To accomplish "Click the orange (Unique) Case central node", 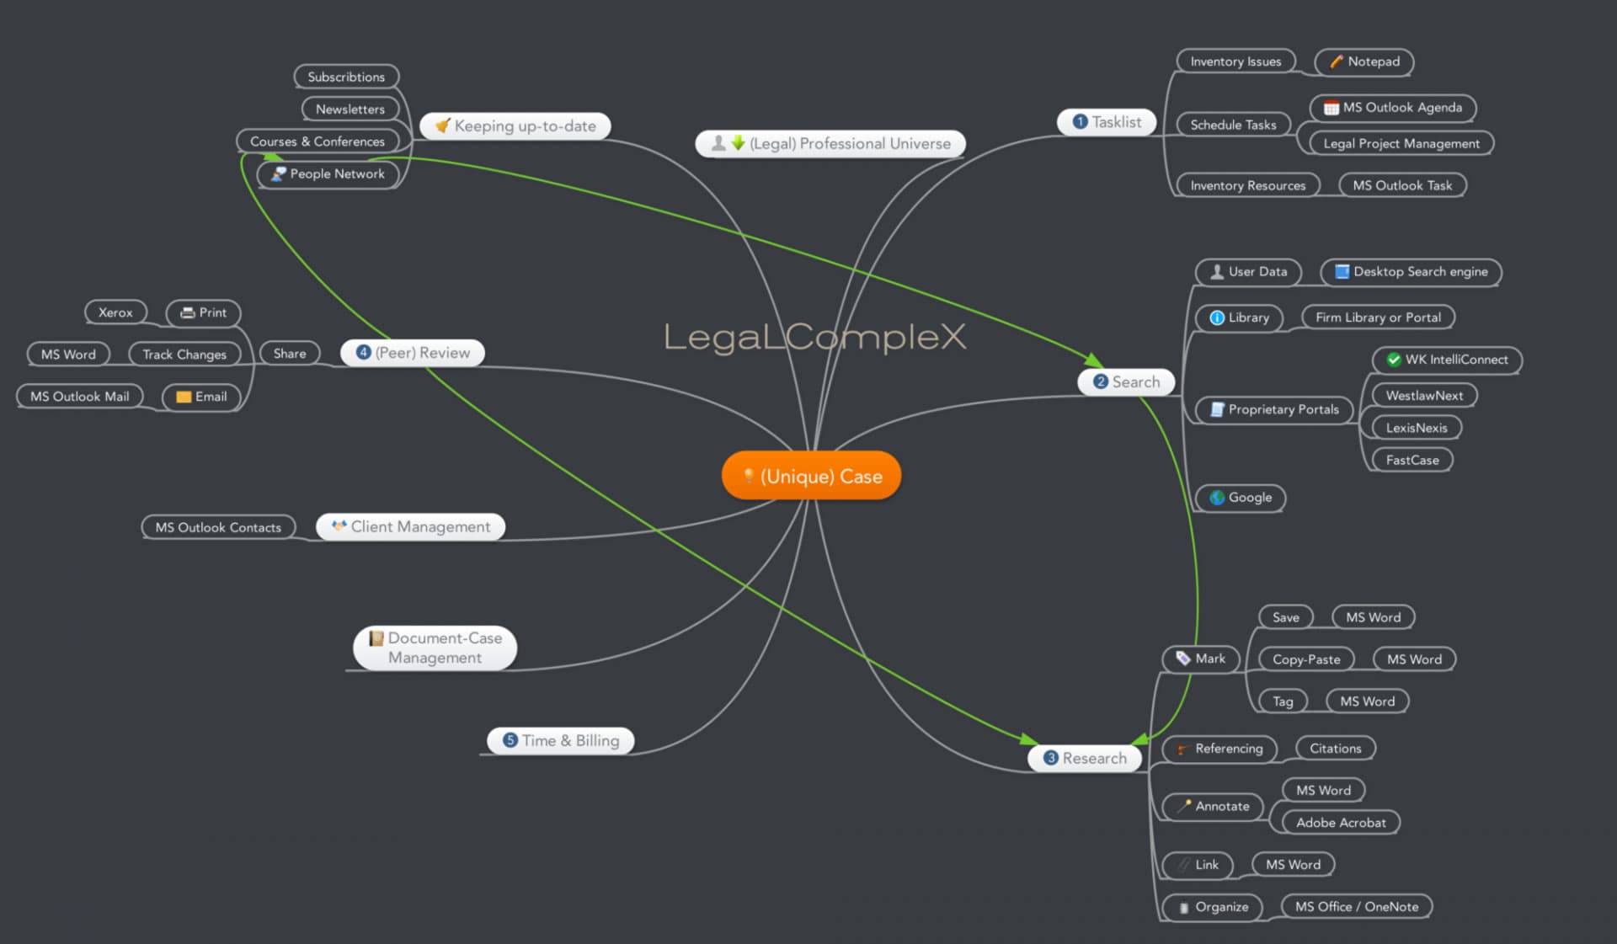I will (812, 476).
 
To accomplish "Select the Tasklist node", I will (1107, 122).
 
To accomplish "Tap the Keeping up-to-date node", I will (515, 126).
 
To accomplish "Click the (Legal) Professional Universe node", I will (830, 144).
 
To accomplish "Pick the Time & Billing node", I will (561, 741).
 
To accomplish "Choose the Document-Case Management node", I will (435, 648).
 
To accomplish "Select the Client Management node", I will (411, 527).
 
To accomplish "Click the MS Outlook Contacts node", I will (218, 528).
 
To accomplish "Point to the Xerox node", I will (115, 312).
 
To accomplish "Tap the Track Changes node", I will (184, 355).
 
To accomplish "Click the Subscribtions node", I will (346, 77).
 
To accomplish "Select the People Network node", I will (328, 174).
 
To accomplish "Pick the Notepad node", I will (1364, 61).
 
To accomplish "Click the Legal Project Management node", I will (1401, 144).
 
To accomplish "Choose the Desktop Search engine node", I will (1412, 272).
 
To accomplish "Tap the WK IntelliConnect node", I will (1448, 360).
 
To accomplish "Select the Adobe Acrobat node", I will (1340, 823).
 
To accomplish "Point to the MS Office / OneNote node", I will (1356, 907).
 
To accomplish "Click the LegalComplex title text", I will (814, 337).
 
